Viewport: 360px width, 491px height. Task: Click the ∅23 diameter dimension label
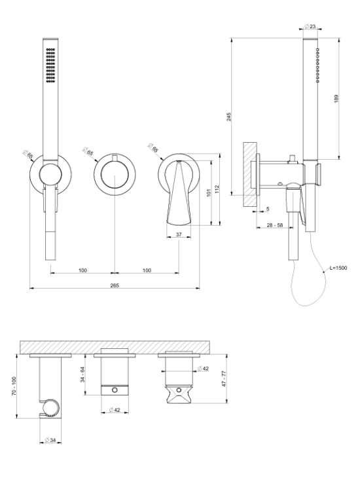pyautogui.click(x=310, y=26)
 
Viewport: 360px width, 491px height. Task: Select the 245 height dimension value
pyautogui.click(x=229, y=117)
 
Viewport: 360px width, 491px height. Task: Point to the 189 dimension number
pyautogui.click(x=336, y=99)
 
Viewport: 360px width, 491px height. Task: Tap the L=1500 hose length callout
pyautogui.click(x=338, y=268)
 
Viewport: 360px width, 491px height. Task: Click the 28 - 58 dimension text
pyautogui.click(x=274, y=225)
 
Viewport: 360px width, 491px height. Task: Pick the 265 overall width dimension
pyautogui.click(x=115, y=285)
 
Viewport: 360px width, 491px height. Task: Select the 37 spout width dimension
pyautogui.click(x=179, y=234)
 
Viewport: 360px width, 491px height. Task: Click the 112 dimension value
pyautogui.click(x=217, y=189)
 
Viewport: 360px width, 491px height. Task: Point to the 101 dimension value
pyautogui.click(x=209, y=192)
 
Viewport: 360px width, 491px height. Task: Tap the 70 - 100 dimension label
pyautogui.click(x=14, y=386)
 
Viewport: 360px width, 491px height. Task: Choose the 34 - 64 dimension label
pyautogui.click(x=82, y=374)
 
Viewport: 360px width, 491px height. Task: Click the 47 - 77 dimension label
pyautogui.click(x=224, y=378)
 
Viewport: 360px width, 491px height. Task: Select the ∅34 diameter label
pyautogui.click(x=50, y=440)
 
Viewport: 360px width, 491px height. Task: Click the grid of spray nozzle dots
pyautogui.click(x=50, y=65)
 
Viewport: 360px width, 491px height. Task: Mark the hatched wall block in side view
pyautogui.click(x=250, y=174)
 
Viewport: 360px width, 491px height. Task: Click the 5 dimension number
pyautogui.click(x=268, y=209)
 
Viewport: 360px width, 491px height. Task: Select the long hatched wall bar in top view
pyautogui.click(x=115, y=347)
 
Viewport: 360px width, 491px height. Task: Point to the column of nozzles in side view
pyautogui.click(x=317, y=65)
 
